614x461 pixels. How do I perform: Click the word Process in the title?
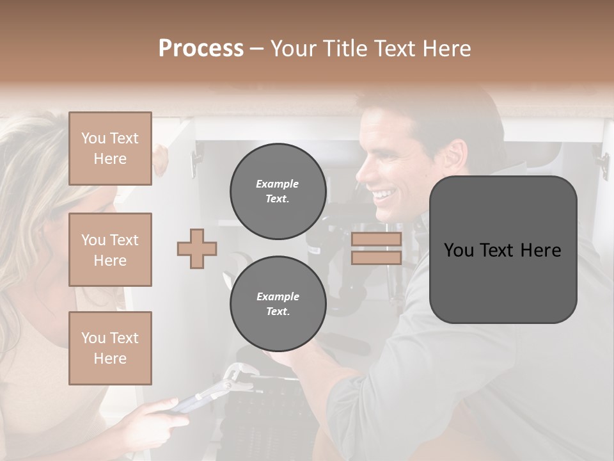pyautogui.click(x=201, y=49)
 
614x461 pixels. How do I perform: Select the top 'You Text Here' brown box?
pyautogui.click(x=110, y=149)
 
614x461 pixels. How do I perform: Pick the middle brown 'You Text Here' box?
pyautogui.click(x=110, y=250)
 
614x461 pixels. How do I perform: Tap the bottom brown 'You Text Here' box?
pyautogui.click(x=110, y=348)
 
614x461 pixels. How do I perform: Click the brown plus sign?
pyautogui.click(x=197, y=249)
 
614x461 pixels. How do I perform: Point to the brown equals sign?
pyautogui.click(x=376, y=248)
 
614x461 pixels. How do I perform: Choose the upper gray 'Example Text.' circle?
pyautogui.click(x=278, y=191)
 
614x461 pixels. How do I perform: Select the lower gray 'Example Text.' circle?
pyautogui.click(x=278, y=304)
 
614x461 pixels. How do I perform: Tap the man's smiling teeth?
pyautogui.click(x=384, y=193)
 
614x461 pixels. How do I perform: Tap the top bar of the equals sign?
pyautogui.click(x=376, y=239)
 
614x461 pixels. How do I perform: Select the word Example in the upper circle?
pyautogui.click(x=278, y=184)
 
